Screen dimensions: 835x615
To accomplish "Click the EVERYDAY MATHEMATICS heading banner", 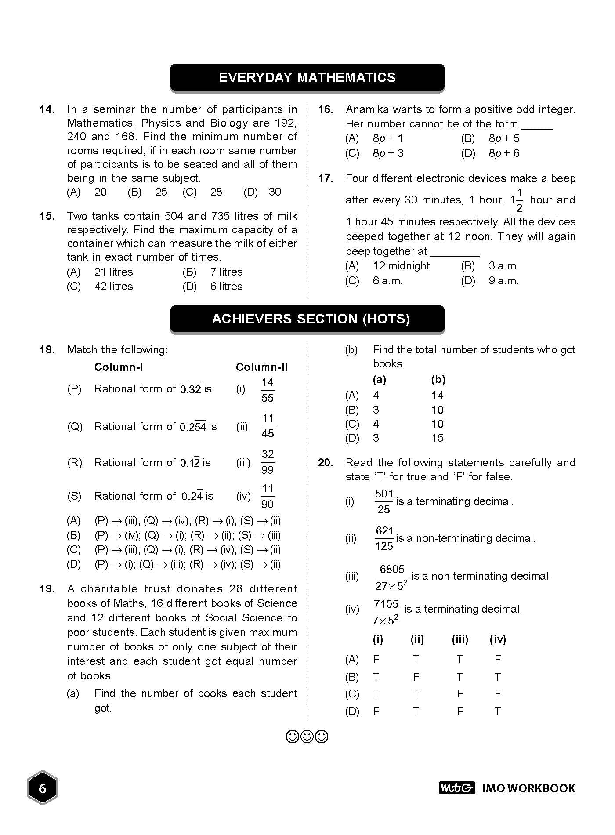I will [307, 78].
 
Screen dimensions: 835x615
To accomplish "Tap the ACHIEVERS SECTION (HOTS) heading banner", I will [307, 319].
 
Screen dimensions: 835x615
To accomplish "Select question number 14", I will [47, 109].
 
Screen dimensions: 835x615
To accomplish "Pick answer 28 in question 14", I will [216, 192].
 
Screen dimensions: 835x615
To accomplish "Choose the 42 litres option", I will [113, 287].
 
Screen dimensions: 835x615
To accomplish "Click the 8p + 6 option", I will [504, 153].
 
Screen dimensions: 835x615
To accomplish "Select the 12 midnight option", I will [401, 266].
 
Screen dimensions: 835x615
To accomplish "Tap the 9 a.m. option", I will [503, 281].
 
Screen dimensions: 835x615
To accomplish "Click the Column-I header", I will [118, 367].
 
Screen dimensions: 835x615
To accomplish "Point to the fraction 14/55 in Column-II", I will [267, 390].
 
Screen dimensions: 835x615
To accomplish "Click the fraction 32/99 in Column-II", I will [268, 462].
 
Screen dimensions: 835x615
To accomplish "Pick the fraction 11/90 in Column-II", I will [268, 497].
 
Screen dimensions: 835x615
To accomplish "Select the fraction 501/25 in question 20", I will [383, 502].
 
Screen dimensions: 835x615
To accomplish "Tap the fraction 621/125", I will [384, 539].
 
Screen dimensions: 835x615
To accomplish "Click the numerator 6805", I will [392, 570].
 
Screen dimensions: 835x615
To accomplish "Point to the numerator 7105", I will [386, 604].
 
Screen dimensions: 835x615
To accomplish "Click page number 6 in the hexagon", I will [43, 788].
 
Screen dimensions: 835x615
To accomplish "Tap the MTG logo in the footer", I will [456, 788].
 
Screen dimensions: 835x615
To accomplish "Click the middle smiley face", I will [307, 737].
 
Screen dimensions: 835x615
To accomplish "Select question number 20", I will [326, 463].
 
